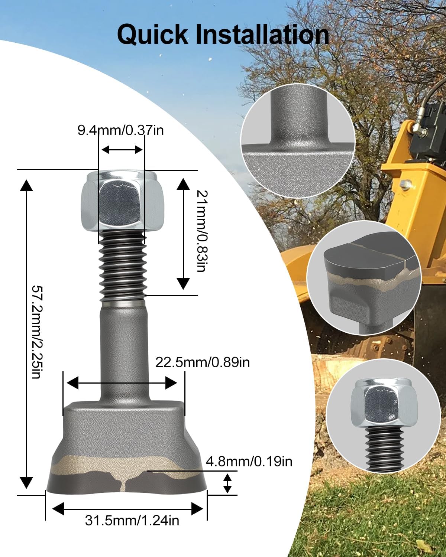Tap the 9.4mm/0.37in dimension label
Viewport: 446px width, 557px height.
(120, 131)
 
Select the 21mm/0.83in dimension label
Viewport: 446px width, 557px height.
(201, 231)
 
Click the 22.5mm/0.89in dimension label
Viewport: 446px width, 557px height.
(203, 362)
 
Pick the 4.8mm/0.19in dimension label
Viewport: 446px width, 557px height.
(249, 461)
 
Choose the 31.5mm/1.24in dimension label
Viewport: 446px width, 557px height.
(132, 520)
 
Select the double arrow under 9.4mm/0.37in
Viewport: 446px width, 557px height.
(122, 150)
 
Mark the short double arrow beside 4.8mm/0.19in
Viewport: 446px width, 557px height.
(227, 483)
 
